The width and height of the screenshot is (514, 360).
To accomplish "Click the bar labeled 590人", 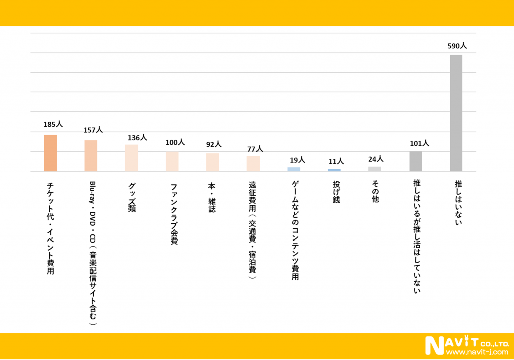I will tap(456, 113).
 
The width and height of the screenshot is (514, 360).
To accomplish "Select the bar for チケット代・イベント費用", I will tap(50, 153).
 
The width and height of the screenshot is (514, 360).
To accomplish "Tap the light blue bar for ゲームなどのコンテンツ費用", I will tap(294, 169).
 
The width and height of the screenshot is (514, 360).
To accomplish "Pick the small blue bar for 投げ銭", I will tap(334, 170).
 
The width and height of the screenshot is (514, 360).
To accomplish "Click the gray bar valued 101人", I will tap(415, 161).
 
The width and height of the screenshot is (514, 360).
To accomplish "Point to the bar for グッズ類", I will tap(132, 158).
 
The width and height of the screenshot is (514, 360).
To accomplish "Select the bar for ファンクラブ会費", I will tap(172, 161).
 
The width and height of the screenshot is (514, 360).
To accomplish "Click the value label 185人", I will tap(53, 124).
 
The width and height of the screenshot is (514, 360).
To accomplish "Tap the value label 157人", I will tap(93, 130).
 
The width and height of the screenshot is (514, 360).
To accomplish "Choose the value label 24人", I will tap(376, 159).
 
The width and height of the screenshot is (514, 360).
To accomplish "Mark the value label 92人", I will tap(214, 144).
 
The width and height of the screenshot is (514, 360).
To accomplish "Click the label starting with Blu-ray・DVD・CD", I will tap(92, 254).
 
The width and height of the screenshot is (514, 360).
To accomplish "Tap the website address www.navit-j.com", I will tap(477, 352).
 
